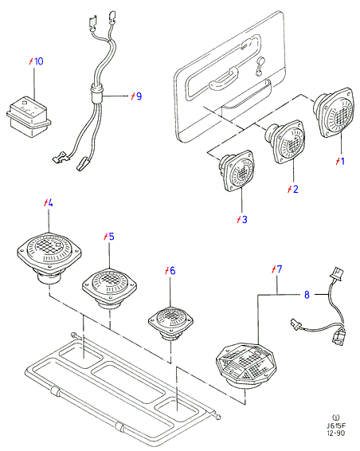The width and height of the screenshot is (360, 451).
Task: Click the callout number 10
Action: pos(38,61)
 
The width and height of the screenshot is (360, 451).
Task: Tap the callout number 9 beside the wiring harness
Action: pos(139,96)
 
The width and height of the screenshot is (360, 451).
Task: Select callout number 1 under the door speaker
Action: pos(342,161)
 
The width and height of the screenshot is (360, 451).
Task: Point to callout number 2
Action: pos(295,189)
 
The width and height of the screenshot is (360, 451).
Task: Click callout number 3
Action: pos(245,219)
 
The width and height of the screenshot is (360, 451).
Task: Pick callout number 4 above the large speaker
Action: pos(49,203)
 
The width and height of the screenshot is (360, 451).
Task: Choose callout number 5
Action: pos(111,237)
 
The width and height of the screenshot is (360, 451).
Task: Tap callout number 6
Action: pos(172,271)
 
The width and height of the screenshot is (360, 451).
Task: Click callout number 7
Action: pos(280,269)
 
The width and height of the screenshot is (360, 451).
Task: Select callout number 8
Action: pos(307,295)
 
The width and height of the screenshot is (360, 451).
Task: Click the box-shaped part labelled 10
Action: pos(29,116)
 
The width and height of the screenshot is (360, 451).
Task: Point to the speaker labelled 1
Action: pos(334,112)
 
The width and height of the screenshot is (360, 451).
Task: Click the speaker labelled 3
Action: pos(236,171)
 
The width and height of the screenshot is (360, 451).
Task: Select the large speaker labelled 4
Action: pos(49,256)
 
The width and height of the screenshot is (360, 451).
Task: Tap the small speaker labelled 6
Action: pos(170,323)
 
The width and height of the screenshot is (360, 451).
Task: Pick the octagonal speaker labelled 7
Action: pos(246,365)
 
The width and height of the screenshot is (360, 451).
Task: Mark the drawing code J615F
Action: pos(336,426)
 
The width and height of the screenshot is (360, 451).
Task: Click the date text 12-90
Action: pos(335,433)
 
